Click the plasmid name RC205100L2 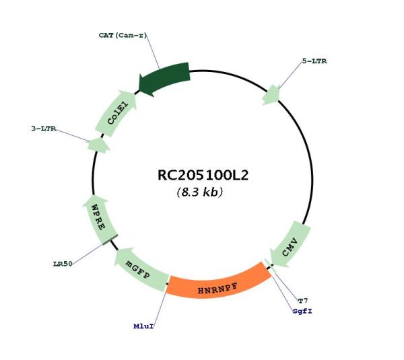tap(203, 175)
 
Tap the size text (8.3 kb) tap(200, 192)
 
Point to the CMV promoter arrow tap(290, 246)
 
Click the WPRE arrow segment tap(99, 219)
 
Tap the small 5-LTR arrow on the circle tap(271, 96)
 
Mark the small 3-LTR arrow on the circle tap(99, 145)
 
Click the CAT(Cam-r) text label tap(123, 35)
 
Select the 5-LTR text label tap(314, 61)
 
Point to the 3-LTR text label tap(44, 129)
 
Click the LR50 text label tap(63, 264)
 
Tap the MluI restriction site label tap(143, 326)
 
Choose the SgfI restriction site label tap(302, 311)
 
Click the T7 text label tap(303, 301)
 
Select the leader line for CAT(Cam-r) tap(153, 52)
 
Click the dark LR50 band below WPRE tap(110, 240)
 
